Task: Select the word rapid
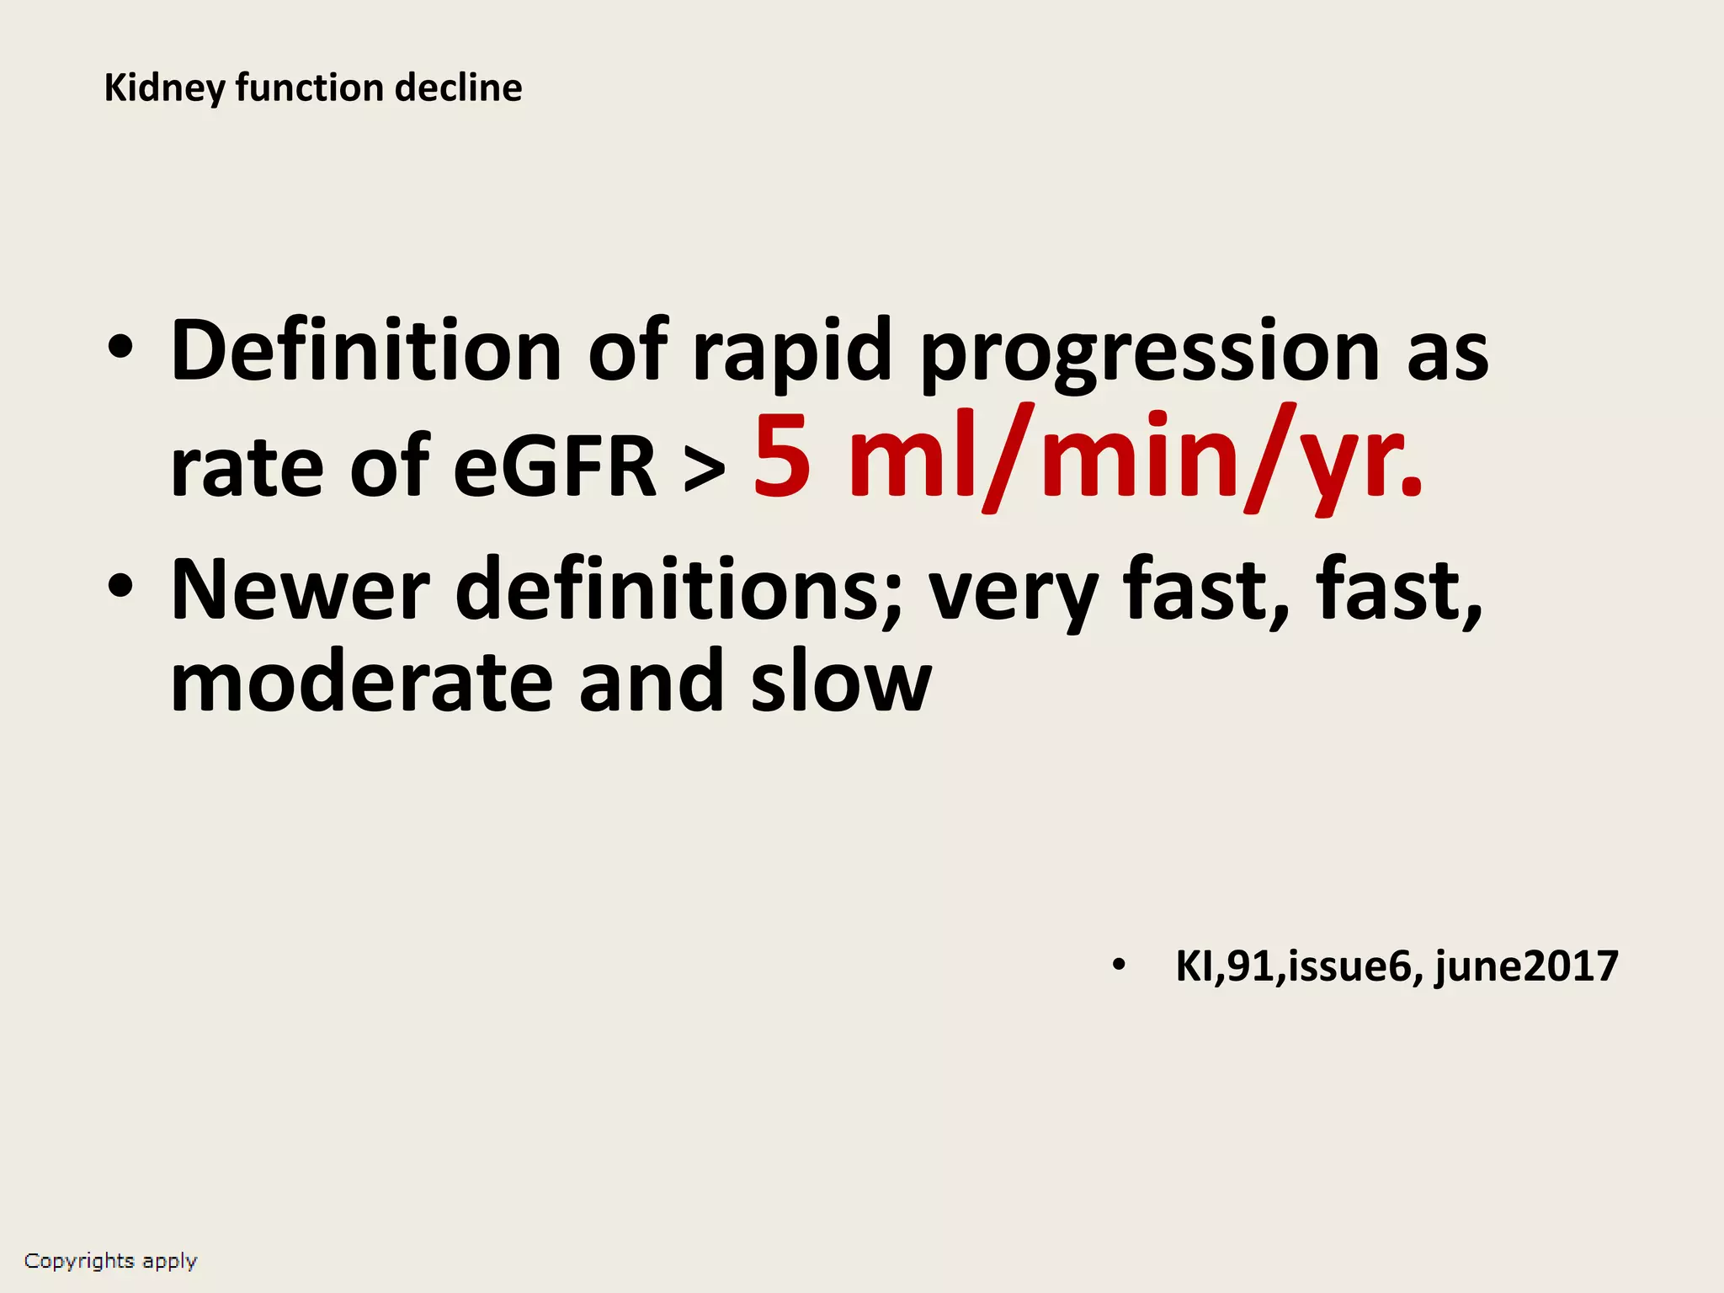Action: tap(791, 351)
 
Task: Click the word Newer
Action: tap(300, 590)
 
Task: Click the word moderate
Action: tap(361, 682)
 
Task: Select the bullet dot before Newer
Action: tap(120, 586)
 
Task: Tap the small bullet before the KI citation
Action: tap(1118, 966)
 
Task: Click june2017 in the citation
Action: tap(1526, 966)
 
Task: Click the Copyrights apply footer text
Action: tap(110, 1261)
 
